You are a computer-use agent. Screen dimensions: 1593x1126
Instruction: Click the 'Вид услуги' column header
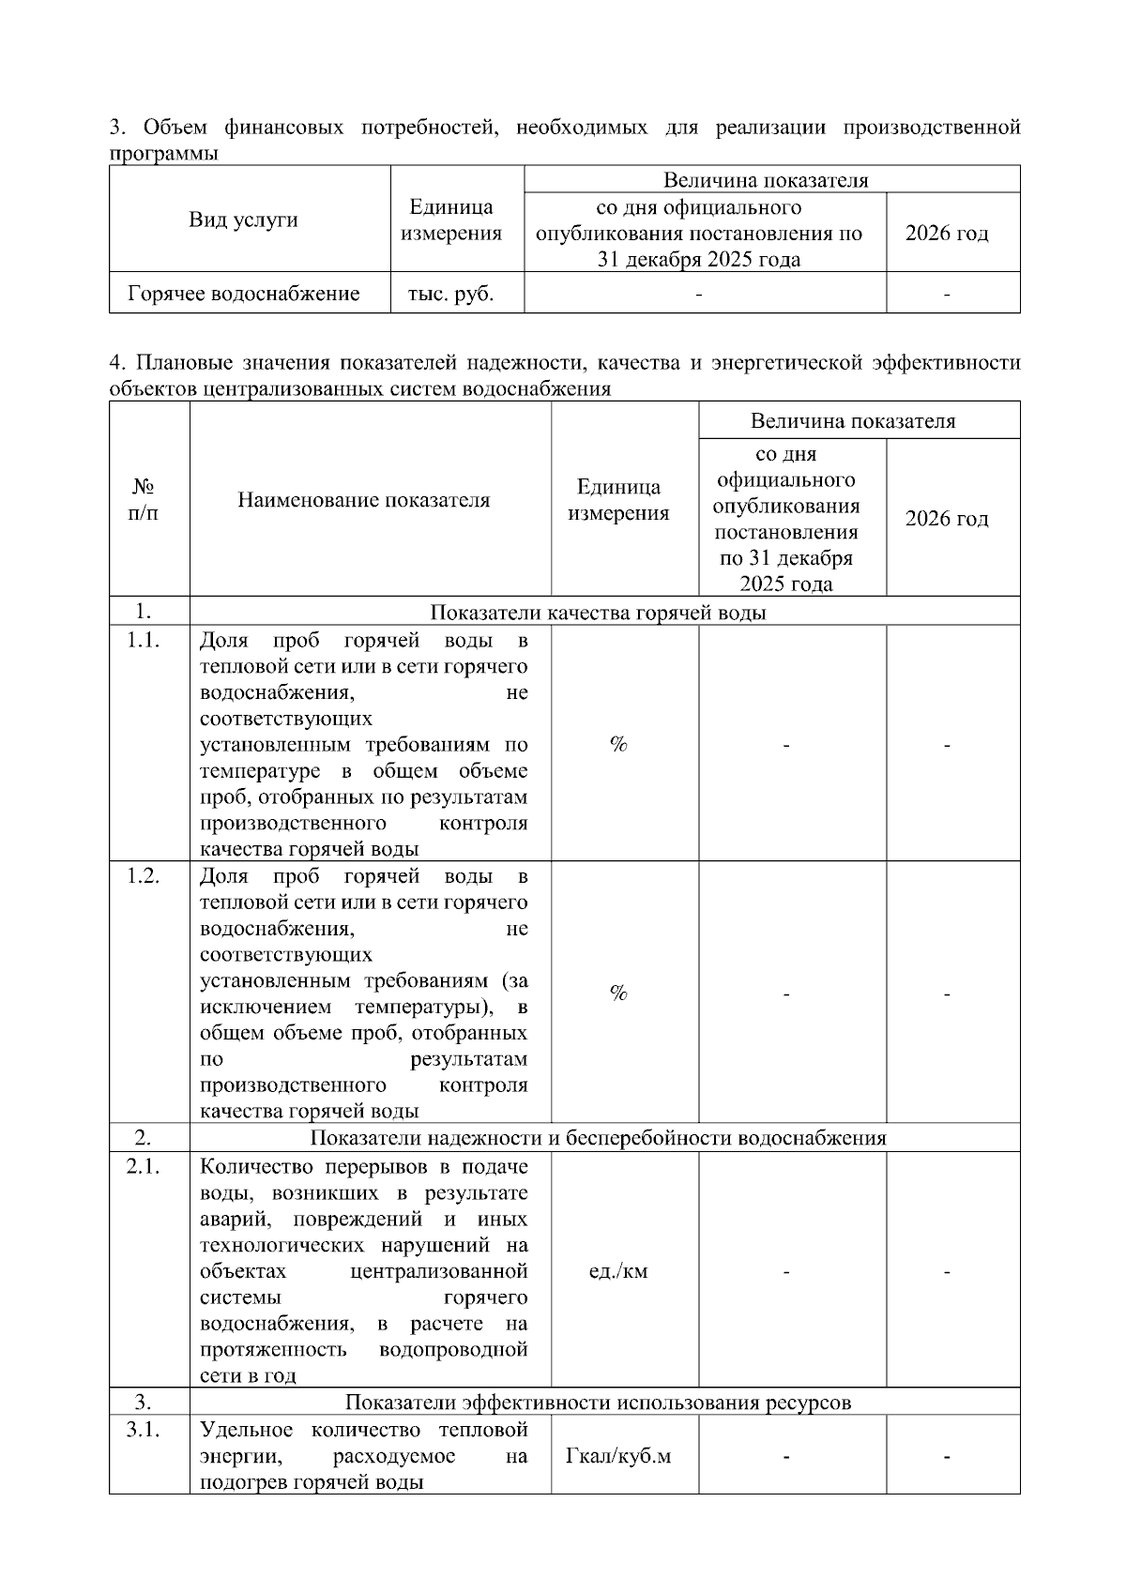[x=243, y=220]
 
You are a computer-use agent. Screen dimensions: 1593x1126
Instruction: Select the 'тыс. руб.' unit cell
[x=450, y=294]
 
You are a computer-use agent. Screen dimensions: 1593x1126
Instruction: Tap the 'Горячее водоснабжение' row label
[x=243, y=294]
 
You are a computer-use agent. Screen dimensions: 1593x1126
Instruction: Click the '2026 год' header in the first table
[x=946, y=234]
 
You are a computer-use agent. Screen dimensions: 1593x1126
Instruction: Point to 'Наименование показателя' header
[x=363, y=500]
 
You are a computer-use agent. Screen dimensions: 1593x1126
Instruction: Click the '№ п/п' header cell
[x=143, y=499]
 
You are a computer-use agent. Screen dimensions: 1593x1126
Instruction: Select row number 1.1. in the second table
[x=143, y=640]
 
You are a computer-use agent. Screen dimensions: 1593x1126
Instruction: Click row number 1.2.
[x=143, y=875]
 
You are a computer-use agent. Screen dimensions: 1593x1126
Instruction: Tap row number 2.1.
[x=143, y=1166]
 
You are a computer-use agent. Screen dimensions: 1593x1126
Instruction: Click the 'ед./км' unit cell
[x=618, y=1272]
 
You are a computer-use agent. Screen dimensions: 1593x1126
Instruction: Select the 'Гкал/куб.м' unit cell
[x=618, y=1457]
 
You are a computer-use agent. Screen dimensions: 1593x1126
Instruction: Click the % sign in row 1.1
[x=618, y=744]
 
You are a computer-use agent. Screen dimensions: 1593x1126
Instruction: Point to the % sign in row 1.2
[x=618, y=993]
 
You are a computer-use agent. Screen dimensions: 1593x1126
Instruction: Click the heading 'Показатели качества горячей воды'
[x=598, y=613]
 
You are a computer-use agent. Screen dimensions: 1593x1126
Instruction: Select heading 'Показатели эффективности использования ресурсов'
[x=598, y=1403]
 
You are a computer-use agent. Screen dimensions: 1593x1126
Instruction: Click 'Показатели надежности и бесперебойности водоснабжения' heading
[x=598, y=1138]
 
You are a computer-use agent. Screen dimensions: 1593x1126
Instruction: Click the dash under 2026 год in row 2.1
[x=947, y=1273]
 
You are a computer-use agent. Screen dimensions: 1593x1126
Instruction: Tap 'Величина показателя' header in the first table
[x=766, y=180]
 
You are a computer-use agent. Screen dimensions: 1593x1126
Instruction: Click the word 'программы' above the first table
[x=163, y=154]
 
